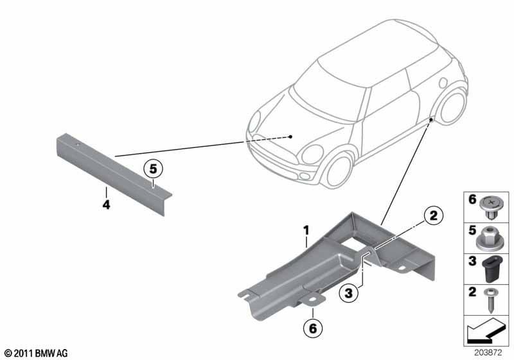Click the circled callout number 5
[154, 169]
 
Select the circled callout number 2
[433, 216]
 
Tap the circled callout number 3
[348, 292]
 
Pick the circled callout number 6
[313, 328]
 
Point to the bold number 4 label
[106, 205]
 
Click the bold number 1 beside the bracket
[306, 231]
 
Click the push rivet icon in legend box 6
[491, 208]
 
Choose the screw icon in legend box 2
[490, 300]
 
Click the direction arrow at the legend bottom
[484, 330]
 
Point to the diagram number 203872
[488, 352]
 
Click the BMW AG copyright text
[37, 353]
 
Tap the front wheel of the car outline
[339, 172]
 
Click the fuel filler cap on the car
[443, 83]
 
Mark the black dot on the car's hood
[290, 137]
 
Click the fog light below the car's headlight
[305, 176]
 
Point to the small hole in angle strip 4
[78, 145]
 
